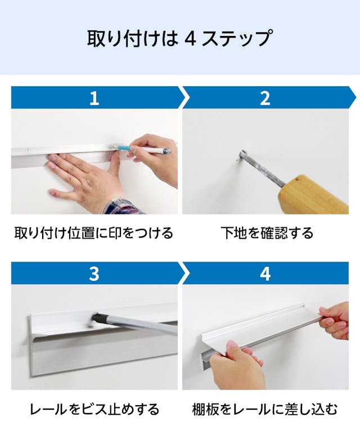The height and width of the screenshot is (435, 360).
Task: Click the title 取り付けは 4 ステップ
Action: tap(180, 38)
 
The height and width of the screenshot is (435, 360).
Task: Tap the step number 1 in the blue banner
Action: tap(94, 98)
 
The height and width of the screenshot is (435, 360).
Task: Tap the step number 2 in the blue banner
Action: tap(265, 98)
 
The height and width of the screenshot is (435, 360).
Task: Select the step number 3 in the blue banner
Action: tap(94, 273)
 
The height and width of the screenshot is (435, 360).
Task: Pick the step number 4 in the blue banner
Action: tap(265, 273)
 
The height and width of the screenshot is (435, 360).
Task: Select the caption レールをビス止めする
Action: tap(94, 409)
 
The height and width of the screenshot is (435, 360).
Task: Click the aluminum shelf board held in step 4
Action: tap(259, 332)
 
